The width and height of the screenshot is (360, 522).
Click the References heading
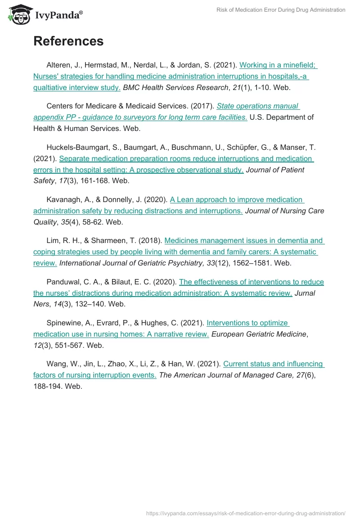click(68, 41)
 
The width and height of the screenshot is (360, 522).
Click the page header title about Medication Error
click(281, 10)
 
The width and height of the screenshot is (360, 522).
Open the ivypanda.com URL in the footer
click(246, 513)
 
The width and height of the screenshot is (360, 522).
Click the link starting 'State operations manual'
click(258, 106)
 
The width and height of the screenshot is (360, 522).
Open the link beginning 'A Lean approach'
click(236, 200)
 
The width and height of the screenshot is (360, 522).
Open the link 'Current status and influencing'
click(274, 364)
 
